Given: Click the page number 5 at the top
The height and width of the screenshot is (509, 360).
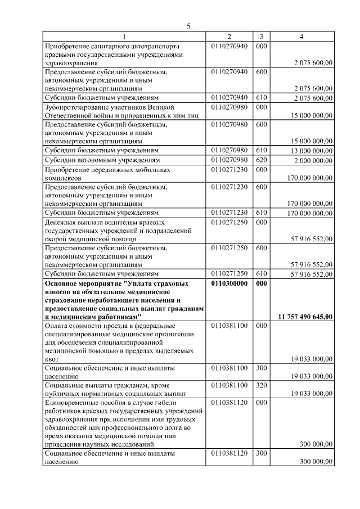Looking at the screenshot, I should [189, 26].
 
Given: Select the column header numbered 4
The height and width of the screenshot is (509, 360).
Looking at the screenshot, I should [301, 37].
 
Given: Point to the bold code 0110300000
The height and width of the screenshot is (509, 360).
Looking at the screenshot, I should [229, 284].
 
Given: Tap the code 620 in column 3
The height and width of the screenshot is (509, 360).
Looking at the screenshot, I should [261, 160].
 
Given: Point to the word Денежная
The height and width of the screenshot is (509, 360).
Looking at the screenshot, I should [60, 222].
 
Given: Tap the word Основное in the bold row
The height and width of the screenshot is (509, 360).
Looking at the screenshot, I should [61, 284].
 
